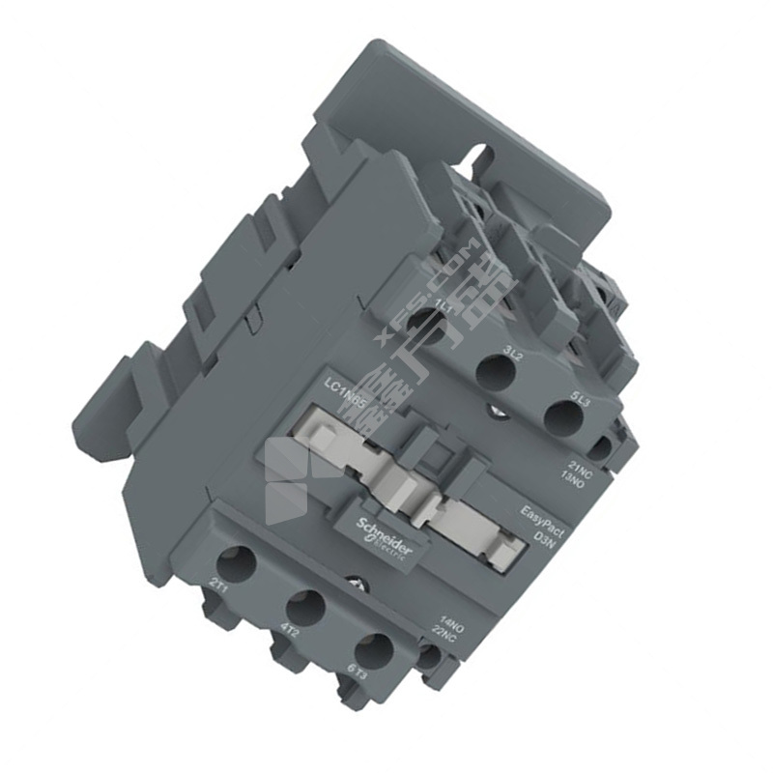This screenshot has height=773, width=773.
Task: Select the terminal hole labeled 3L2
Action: [496, 373]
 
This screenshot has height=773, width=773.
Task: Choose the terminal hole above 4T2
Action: [305, 606]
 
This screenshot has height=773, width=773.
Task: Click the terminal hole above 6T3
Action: [373, 650]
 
